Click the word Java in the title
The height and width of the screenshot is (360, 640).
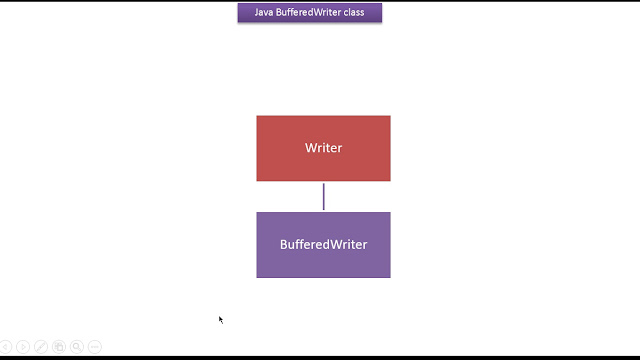(x=264, y=12)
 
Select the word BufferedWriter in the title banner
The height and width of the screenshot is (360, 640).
(x=308, y=12)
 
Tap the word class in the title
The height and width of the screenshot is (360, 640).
(x=354, y=12)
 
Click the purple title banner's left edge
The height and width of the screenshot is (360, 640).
(x=238, y=13)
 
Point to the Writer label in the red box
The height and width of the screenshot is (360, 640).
(x=323, y=148)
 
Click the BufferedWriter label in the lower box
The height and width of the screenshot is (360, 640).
(x=323, y=244)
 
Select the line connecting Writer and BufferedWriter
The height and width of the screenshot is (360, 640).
(x=324, y=197)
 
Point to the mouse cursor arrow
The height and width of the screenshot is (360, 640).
(x=220, y=320)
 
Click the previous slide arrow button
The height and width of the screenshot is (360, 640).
(x=5, y=347)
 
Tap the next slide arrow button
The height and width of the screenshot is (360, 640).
(x=23, y=347)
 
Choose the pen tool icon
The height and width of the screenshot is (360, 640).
(x=41, y=347)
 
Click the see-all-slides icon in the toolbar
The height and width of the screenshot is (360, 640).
(x=59, y=347)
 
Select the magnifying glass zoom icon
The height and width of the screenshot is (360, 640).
(x=77, y=347)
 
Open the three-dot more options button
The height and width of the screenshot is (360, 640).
(x=95, y=347)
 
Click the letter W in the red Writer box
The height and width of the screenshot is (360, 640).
(x=311, y=148)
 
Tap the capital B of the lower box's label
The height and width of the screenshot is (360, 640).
(x=283, y=244)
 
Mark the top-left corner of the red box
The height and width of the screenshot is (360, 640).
(x=256, y=116)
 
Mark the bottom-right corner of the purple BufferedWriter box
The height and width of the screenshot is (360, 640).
(x=391, y=278)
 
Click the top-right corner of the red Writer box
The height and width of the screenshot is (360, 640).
(x=391, y=116)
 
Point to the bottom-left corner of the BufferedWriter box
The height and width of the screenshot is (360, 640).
(x=256, y=278)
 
